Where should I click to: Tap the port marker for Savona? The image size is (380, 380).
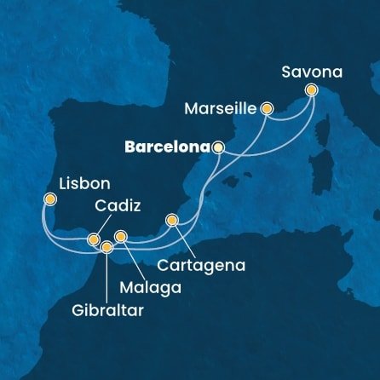311,89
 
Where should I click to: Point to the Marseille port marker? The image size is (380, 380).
267,108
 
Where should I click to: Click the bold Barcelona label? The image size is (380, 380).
167,147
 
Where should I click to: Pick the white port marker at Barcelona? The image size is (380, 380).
219,147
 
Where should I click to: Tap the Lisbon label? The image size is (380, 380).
83,182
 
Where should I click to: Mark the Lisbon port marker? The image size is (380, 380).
50,201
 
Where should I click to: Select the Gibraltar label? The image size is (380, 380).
107,311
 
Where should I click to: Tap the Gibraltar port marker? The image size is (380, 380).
107,247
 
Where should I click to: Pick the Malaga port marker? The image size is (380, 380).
120,236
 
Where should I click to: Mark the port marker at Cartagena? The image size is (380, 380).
172,221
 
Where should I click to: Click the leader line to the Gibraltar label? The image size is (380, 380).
107,277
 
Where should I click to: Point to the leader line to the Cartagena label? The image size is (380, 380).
188,241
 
